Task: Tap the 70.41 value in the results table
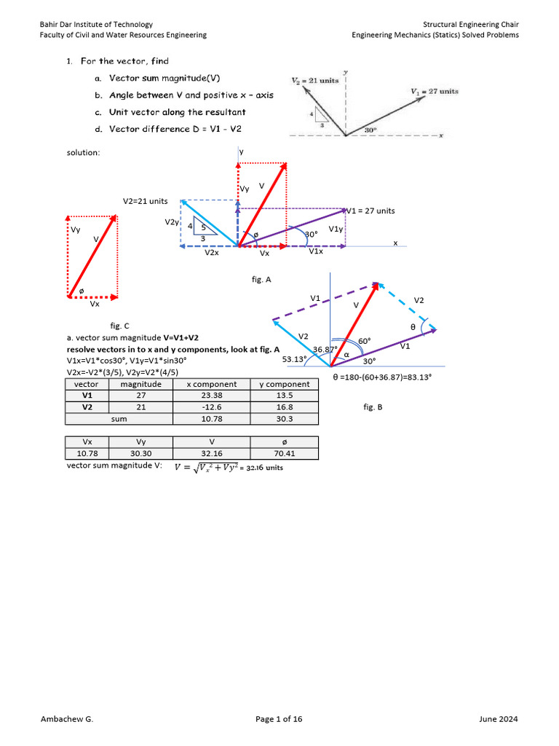coord(285,454)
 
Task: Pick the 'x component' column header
coord(211,384)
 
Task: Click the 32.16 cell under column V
coord(212,454)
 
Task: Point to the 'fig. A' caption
coord(261,279)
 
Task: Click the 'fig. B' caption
coord(373,407)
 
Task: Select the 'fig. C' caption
coord(120,326)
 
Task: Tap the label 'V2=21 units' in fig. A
coord(146,201)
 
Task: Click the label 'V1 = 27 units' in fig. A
coord(370,211)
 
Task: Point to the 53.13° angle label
coord(296,359)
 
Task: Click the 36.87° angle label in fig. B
coord(325,350)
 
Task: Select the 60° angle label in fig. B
coord(365,341)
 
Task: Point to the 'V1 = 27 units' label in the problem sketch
coord(435,91)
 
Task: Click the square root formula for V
coord(228,467)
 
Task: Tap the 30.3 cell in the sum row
coord(285,419)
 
